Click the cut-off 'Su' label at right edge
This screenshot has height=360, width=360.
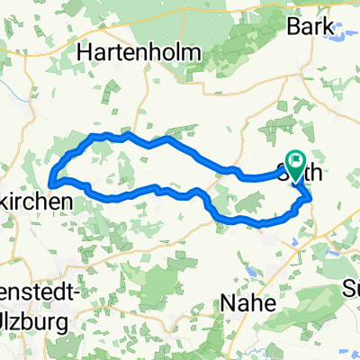click(x=351, y=290)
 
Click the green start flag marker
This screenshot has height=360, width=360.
click(x=295, y=161)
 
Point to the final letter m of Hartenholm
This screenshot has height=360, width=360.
click(x=184, y=52)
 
